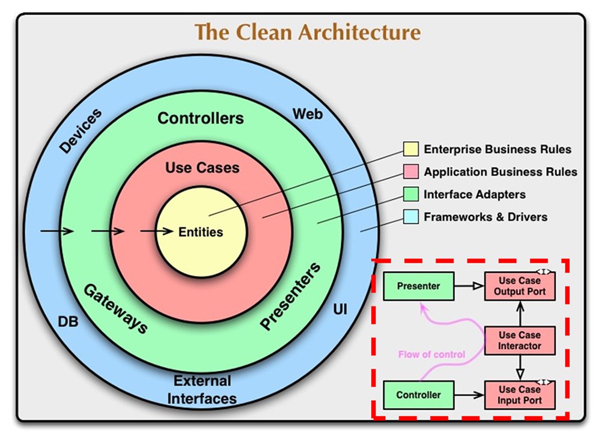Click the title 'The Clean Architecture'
[308, 32]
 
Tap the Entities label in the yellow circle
[201, 232]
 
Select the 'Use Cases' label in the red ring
[203, 168]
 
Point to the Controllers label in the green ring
[201, 118]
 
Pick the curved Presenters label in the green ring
[290, 296]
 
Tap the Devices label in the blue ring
[81, 130]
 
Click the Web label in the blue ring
[307, 114]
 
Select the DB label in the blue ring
[68, 321]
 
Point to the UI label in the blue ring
[340, 309]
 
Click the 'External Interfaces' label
[202, 390]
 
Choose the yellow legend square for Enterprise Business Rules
[411, 149]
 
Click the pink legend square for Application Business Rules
[411, 172]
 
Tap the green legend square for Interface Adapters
[411, 194]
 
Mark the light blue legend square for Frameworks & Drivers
[411, 217]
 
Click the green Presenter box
[418, 286]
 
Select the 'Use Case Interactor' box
[520, 341]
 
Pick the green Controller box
[418, 395]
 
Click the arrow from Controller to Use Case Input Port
[469, 395]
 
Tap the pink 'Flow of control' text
[432, 354]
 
